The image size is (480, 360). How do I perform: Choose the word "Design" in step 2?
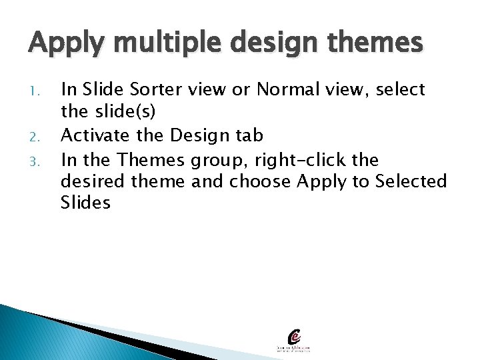[196, 136]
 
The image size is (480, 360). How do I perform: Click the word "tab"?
[249, 136]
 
